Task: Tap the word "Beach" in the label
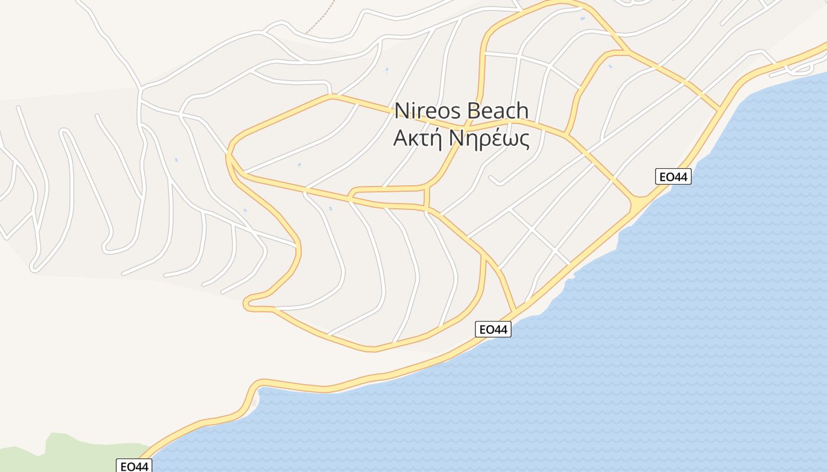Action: (x=497, y=110)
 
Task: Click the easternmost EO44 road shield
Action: (x=673, y=176)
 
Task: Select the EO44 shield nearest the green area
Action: (x=134, y=466)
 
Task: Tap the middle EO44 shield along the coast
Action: (x=493, y=329)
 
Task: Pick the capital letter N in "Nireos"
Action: (x=401, y=110)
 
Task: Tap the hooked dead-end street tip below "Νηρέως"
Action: (x=492, y=178)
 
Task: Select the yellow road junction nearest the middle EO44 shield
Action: (x=515, y=310)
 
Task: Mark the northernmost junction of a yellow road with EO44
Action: (x=719, y=109)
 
